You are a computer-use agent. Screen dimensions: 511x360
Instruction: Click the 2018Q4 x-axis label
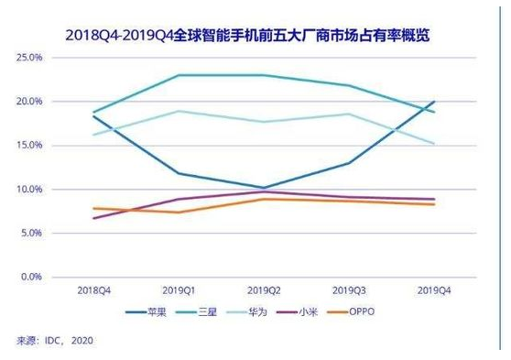click(93, 290)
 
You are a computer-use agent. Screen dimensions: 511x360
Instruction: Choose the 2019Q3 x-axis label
click(348, 290)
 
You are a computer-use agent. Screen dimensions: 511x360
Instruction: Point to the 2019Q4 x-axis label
click(433, 290)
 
